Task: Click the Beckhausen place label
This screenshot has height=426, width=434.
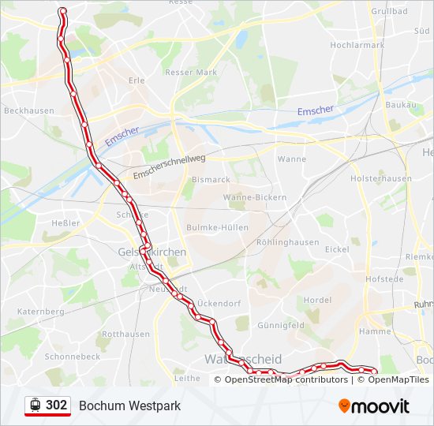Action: [29, 111]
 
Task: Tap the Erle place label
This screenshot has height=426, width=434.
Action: [137, 80]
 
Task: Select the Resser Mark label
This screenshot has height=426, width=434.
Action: [191, 73]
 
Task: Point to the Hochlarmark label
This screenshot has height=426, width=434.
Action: [357, 45]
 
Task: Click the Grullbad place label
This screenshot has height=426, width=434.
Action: [389, 11]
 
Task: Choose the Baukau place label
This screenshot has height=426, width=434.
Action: [400, 105]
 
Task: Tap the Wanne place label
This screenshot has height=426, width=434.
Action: [292, 159]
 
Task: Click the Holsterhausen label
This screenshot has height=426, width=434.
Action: [381, 178]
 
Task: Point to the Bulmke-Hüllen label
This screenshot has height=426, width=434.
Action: [217, 227]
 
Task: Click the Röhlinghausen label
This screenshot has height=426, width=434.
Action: [288, 242]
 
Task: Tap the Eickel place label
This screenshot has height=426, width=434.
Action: [337, 249]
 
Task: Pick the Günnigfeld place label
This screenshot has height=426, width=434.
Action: [281, 325]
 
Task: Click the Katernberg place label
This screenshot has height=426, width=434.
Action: [40, 312]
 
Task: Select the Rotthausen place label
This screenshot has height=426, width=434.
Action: [126, 334]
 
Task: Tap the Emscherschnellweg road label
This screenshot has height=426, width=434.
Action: [170, 166]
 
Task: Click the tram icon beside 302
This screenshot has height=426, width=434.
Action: [35, 405]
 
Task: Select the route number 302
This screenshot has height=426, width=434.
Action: [57, 405]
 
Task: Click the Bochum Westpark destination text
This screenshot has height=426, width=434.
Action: [129, 405]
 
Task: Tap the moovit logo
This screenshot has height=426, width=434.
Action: [374, 405]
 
